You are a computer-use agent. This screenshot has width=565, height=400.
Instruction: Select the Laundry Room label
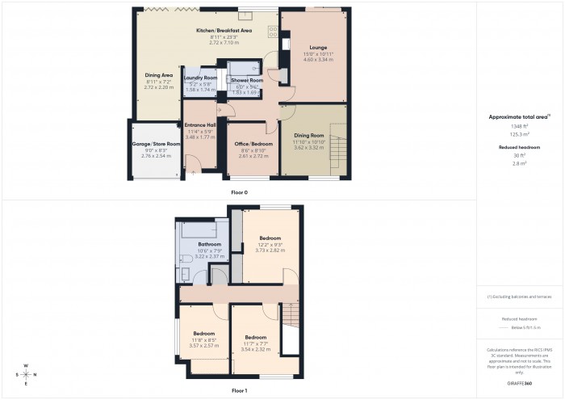point(199,78)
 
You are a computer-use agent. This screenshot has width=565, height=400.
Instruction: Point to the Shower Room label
point(247,81)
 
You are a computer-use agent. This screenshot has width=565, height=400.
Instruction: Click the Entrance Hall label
point(199,125)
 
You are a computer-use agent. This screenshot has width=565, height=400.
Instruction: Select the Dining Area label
point(158,75)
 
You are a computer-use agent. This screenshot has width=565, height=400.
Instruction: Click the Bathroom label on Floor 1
point(210,244)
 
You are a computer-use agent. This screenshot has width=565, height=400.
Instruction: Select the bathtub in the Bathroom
point(198,230)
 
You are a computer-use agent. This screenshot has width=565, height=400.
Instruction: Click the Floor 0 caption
point(239,192)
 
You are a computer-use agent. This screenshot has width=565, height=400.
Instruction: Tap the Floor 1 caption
point(239,390)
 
